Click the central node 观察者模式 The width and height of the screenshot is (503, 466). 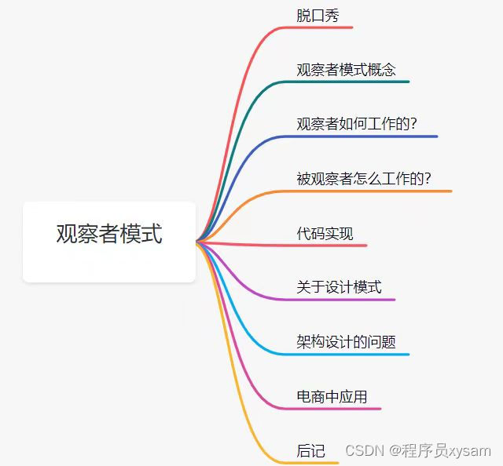tap(109, 234)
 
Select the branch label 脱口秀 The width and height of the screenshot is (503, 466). tap(318, 16)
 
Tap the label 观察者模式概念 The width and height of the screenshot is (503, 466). tap(346, 70)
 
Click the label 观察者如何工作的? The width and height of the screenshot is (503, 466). tap(356, 124)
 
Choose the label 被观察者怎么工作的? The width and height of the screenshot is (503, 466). tap(363, 178)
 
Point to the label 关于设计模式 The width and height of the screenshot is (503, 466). tap(339, 287)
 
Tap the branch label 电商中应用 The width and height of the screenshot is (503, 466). tap(332, 396)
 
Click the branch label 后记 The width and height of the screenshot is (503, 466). tap(310, 450)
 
